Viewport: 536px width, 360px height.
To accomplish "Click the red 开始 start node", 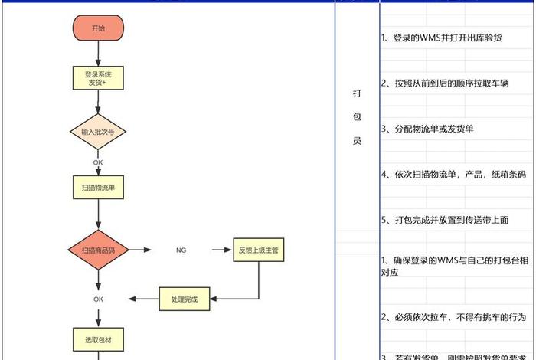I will point(98,28).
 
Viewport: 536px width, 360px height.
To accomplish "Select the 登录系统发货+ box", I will point(98,77).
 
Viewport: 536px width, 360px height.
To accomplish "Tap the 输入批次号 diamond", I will point(98,132).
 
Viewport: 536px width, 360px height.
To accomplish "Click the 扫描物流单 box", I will point(98,186).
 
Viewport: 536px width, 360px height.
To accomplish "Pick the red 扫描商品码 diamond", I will point(98,250).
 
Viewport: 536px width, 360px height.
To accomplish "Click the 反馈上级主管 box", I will point(258,250).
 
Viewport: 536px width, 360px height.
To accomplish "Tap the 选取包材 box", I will point(98,338).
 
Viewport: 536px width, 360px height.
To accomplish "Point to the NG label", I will point(181,250).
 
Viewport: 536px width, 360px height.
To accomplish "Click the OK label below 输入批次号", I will point(98,162).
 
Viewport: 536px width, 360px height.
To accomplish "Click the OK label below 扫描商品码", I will point(98,299).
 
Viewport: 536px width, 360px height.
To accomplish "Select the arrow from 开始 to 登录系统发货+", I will point(98,54).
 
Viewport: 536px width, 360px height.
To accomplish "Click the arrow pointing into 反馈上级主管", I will point(218,250).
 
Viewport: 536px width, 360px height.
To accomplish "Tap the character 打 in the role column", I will point(357,93).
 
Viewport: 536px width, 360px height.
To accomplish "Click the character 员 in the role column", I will point(357,142).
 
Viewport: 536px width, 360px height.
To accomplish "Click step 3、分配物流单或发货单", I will point(427,129).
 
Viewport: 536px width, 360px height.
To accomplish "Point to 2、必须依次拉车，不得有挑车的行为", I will point(453,316).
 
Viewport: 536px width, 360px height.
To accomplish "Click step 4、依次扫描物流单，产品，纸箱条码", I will point(453,175).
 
